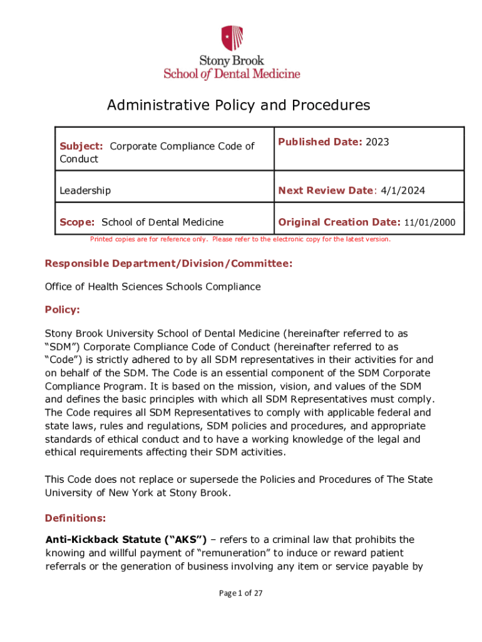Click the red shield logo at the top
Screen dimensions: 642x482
tap(232, 38)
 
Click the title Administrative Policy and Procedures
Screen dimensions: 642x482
tap(238, 105)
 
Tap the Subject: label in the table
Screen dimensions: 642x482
tap(81, 146)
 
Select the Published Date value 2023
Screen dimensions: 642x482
tap(377, 142)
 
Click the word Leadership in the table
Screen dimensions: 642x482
tap(85, 190)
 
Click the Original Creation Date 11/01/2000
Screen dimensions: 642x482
tap(430, 223)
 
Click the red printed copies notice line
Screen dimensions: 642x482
tap(240, 239)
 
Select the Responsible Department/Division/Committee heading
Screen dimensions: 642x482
tap(168, 264)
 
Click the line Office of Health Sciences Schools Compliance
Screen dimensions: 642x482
tap(152, 287)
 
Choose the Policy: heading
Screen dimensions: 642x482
tap(63, 309)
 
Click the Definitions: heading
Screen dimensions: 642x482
tap(75, 518)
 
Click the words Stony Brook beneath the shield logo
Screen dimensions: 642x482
tap(232, 61)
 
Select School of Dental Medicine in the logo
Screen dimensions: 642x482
tap(232, 73)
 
